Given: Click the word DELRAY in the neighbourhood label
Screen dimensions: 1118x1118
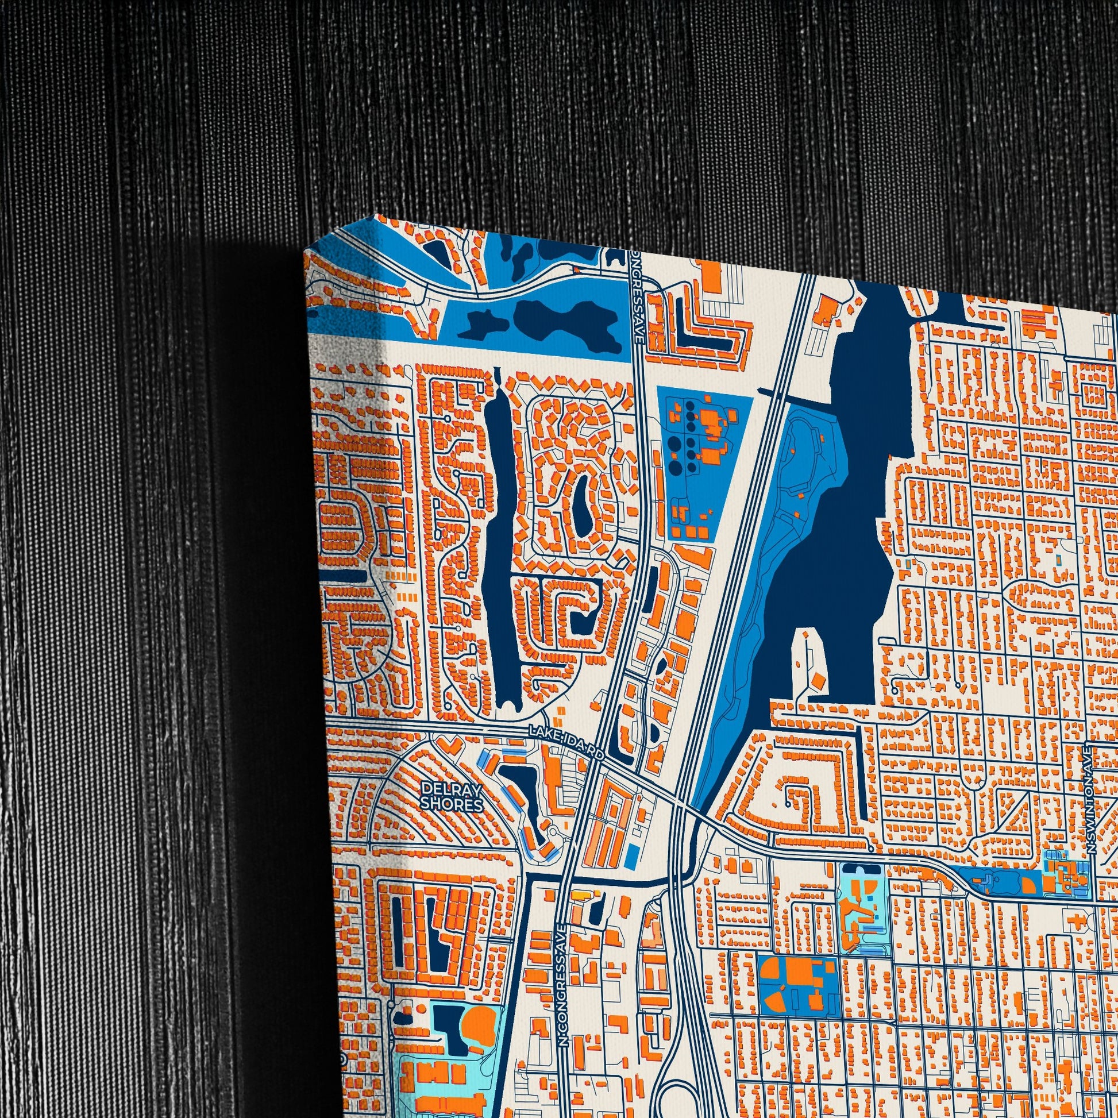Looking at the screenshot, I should [444, 789].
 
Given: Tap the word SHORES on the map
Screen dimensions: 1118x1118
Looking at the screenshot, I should [451, 804].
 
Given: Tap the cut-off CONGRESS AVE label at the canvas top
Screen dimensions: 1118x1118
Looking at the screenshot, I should [637, 301].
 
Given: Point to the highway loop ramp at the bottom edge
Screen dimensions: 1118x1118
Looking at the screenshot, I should [674, 1088].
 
